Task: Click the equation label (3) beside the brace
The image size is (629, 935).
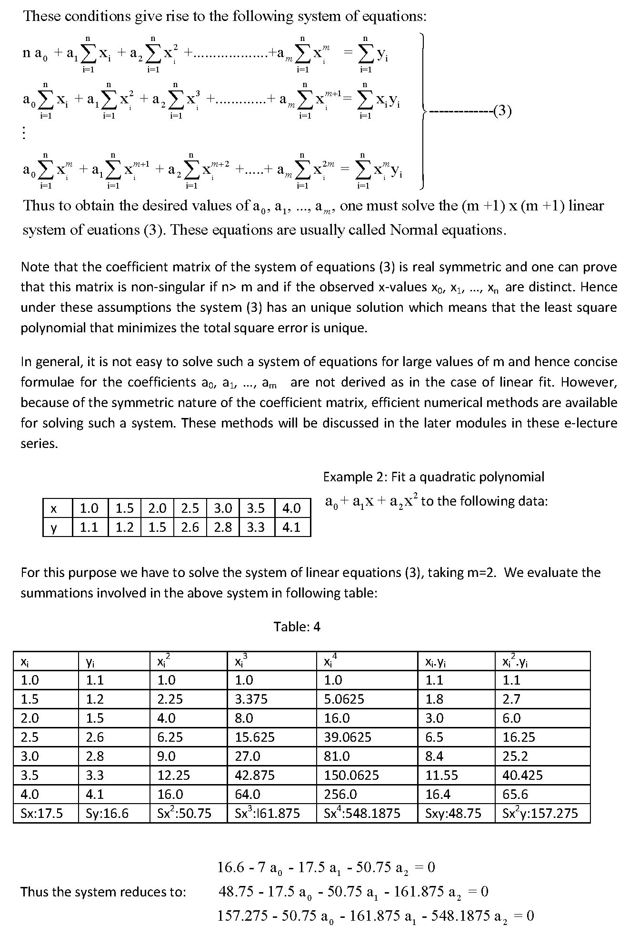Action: point(502,111)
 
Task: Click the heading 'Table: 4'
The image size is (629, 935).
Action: point(297,627)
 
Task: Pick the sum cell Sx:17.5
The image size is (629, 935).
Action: point(42,813)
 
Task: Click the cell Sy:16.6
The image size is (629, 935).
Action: point(107,813)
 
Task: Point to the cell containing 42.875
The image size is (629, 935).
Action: point(255,775)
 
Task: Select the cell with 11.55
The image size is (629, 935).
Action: point(441,775)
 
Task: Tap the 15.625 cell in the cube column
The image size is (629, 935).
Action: point(255,737)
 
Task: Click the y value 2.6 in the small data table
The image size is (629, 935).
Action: point(190,527)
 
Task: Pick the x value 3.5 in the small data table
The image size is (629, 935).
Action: point(256,508)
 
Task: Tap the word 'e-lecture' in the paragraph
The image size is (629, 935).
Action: point(588,423)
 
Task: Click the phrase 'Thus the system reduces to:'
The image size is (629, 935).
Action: point(103,892)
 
